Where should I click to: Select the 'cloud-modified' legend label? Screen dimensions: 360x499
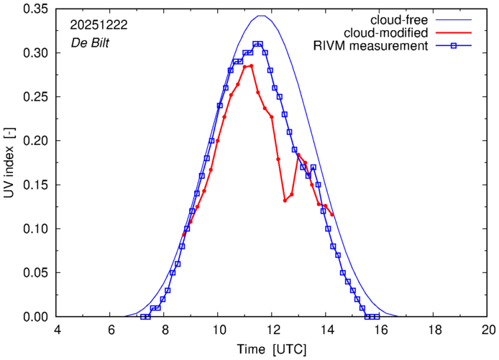(388, 32)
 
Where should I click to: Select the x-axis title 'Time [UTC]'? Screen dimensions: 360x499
(273, 349)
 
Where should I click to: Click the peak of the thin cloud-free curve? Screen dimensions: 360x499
(262, 16)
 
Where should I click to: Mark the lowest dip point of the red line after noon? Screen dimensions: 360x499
(285, 200)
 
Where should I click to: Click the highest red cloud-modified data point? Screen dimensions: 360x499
(251, 65)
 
